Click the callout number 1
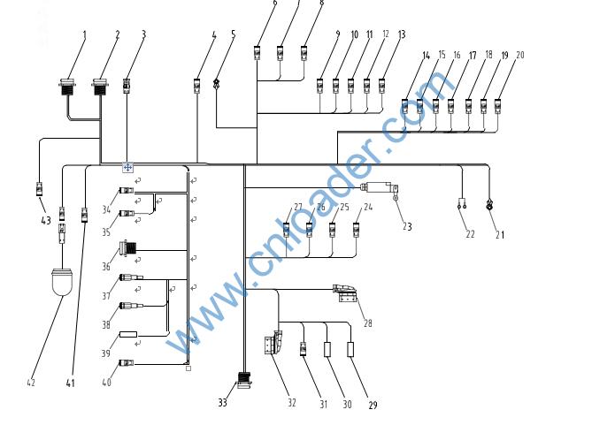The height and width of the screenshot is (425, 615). coord(84,35)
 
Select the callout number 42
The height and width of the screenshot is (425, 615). coord(31,383)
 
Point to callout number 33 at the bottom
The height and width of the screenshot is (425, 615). coord(223,403)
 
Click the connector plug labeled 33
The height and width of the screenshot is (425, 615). coord(244,384)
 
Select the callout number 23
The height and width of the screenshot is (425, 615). coord(407,227)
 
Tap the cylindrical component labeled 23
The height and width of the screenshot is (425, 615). coord(380,187)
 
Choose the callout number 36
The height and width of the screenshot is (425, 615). coord(107,266)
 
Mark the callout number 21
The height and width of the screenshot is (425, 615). coord(500,235)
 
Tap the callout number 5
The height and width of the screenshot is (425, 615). coord(234,35)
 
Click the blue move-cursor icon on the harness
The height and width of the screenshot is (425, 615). coord(127,166)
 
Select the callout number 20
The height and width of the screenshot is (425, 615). coord(519,56)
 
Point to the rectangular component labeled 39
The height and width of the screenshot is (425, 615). coord(129,335)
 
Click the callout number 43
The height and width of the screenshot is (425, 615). coord(44,221)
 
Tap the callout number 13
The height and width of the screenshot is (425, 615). coord(402,35)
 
